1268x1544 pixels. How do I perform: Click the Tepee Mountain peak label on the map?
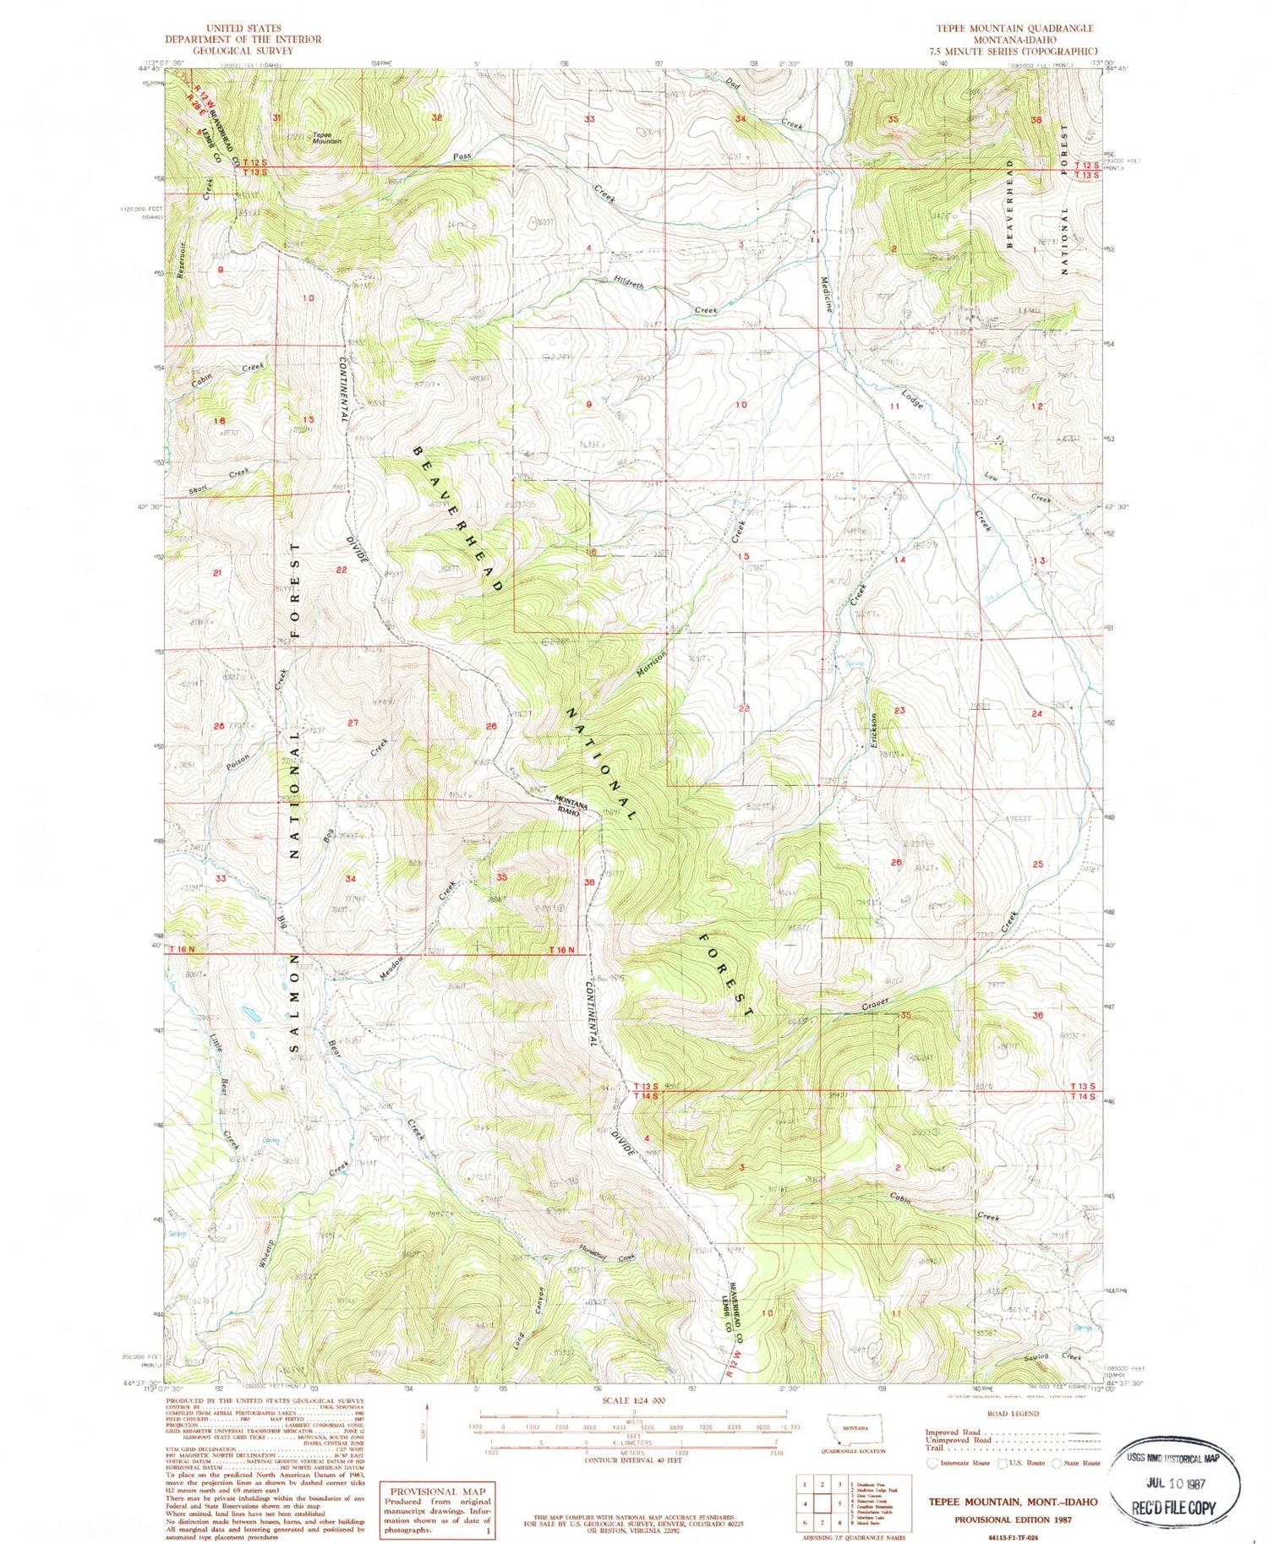point(326,138)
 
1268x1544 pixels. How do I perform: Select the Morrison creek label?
point(652,664)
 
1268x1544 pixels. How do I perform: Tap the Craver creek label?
point(875,1006)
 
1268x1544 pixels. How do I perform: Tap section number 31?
point(277,117)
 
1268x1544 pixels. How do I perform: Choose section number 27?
point(353,723)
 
